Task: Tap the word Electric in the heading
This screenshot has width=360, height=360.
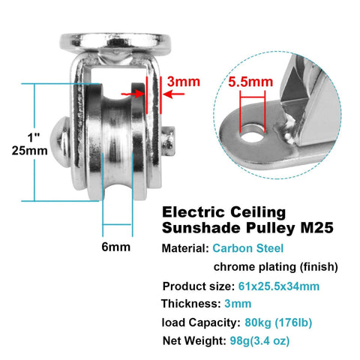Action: pyautogui.click(x=192, y=212)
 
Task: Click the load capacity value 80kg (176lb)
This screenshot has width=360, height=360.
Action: pyautogui.click(x=277, y=323)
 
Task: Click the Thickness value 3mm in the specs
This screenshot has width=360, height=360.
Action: pyautogui.click(x=237, y=304)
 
